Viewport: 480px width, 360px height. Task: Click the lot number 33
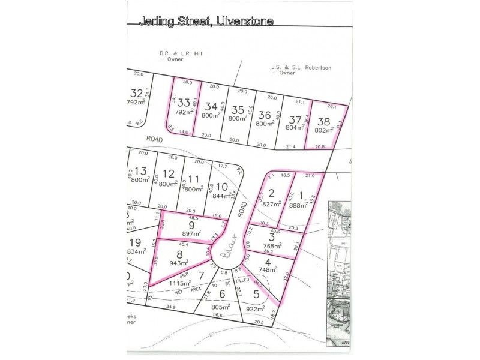point(184,102)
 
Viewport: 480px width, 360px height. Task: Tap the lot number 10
point(221,186)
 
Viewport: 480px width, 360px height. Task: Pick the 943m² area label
point(179,263)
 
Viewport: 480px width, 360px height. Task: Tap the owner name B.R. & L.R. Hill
point(180,53)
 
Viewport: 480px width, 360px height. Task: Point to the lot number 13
point(140,171)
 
